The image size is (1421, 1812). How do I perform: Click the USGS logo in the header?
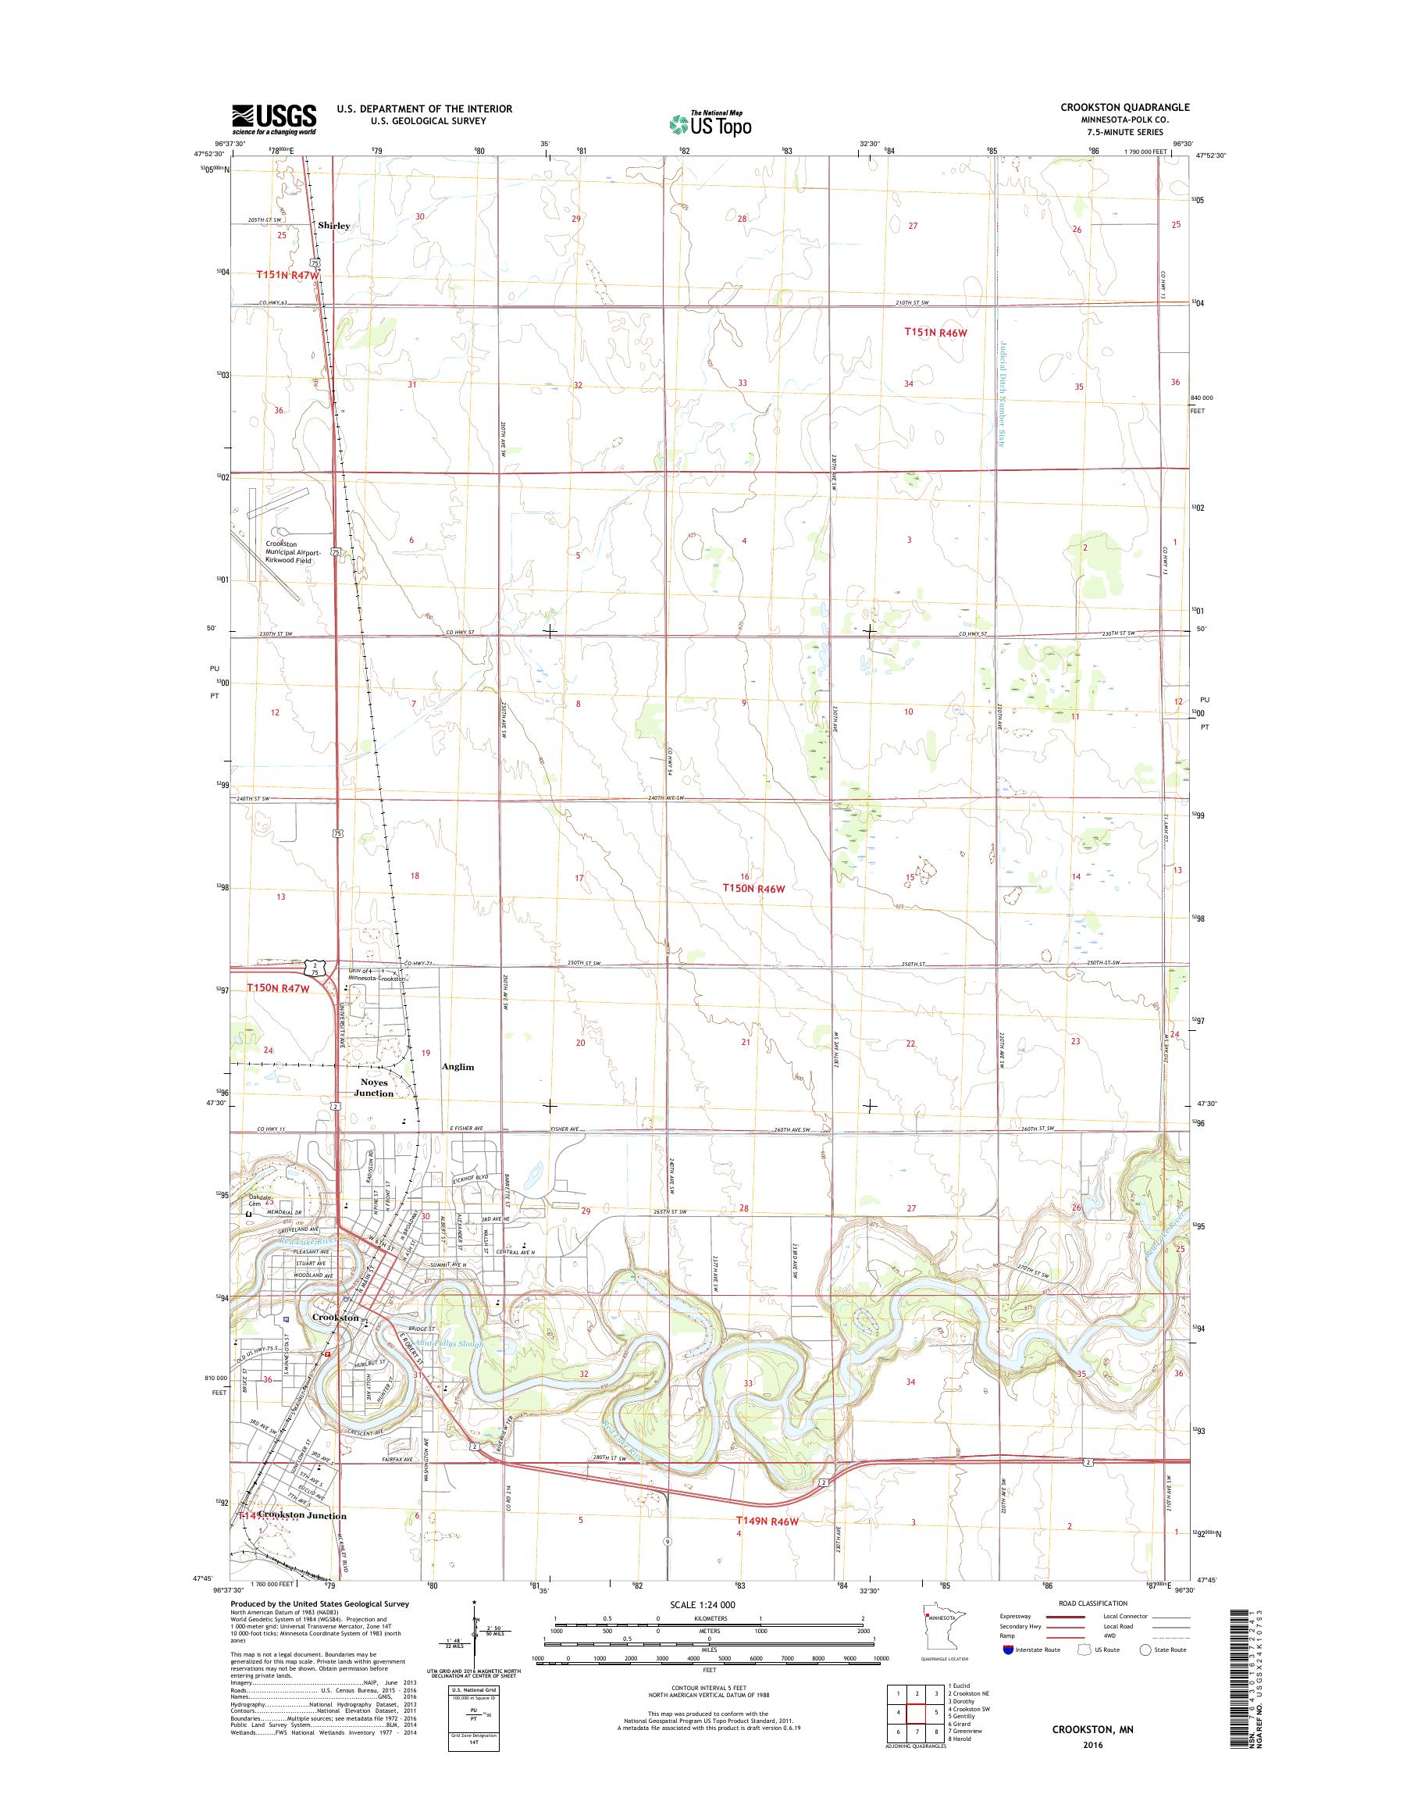[x=274, y=118]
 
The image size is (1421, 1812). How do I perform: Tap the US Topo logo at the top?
[x=710, y=124]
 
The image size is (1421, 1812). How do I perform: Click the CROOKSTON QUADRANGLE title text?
[x=1124, y=107]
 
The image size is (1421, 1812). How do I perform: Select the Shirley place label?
[x=333, y=226]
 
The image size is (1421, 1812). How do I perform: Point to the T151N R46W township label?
[x=937, y=332]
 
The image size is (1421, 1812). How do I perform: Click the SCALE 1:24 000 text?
[x=702, y=1604]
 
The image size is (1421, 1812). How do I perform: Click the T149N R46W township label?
[x=767, y=1521]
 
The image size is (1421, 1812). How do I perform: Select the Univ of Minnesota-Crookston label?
[x=377, y=975]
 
